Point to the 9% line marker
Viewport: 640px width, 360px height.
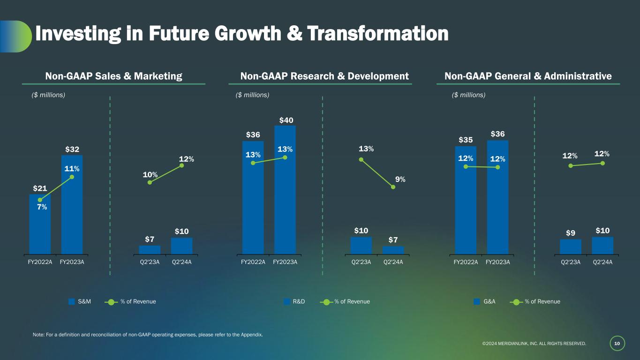pos(393,187)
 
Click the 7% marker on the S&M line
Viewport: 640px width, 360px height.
pos(40,200)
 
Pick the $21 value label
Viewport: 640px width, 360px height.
pos(40,188)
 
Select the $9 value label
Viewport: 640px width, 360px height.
pos(570,232)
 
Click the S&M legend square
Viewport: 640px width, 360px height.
pos(72,301)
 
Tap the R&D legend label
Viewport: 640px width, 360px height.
pos(299,301)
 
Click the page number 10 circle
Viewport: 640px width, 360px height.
pos(617,344)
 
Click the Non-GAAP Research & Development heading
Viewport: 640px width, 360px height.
pos(324,76)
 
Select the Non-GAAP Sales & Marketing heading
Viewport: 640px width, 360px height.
pos(113,76)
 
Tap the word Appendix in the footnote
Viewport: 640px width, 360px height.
pos(250,335)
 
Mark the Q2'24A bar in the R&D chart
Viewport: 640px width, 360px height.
pos(393,250)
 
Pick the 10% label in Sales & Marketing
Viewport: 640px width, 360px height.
pos(150,174)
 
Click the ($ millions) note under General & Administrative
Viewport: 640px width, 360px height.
pos(468,95)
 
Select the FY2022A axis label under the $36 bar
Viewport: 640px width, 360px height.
pos(253,262)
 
